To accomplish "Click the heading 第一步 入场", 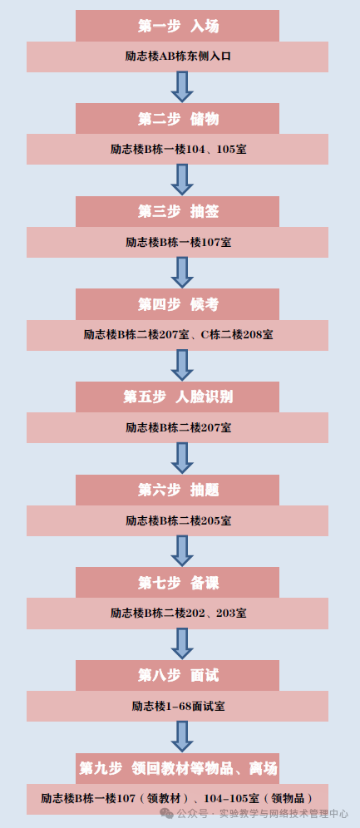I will pyautogui.click(x=178, y=27).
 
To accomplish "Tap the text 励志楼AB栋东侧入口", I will pyautogui.click(x=178, y=57).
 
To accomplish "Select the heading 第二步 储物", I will pyautogui.click(x=178, y=119).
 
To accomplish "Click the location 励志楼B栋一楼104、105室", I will pyautogui.click(x=178, y=150).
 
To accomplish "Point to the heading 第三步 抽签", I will pyautogui.click(x=178, y=212).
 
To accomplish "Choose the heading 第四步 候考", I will pyautogui.click(x=178, y=304).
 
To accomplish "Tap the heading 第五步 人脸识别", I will pyautogui.click(x=178, y=397).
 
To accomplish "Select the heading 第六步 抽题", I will pyautogui.click(x=178, y=490).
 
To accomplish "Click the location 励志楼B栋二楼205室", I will pyautogui.click(x=178, y=520).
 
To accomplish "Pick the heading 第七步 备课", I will pyautogui.click(x=178, y=583).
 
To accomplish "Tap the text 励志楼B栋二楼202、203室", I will pyautogui.click(x=178, y=614).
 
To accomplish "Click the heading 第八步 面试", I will pyautogui.click(x=178, y=675).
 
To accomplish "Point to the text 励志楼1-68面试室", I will pyautogui.click(x=178, y=706).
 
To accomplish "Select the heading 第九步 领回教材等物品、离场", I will pyautogui.click(x=178, y=767).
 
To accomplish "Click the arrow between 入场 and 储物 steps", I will pyautogui.click(x=181, y=86).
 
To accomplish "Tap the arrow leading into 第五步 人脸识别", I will pyautogui.click(x=181, y=365).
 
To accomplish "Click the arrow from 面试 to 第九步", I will pyautogui.click(x=181, y=736).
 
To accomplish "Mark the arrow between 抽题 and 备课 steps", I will pyautogui.click(x=181, y=550).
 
